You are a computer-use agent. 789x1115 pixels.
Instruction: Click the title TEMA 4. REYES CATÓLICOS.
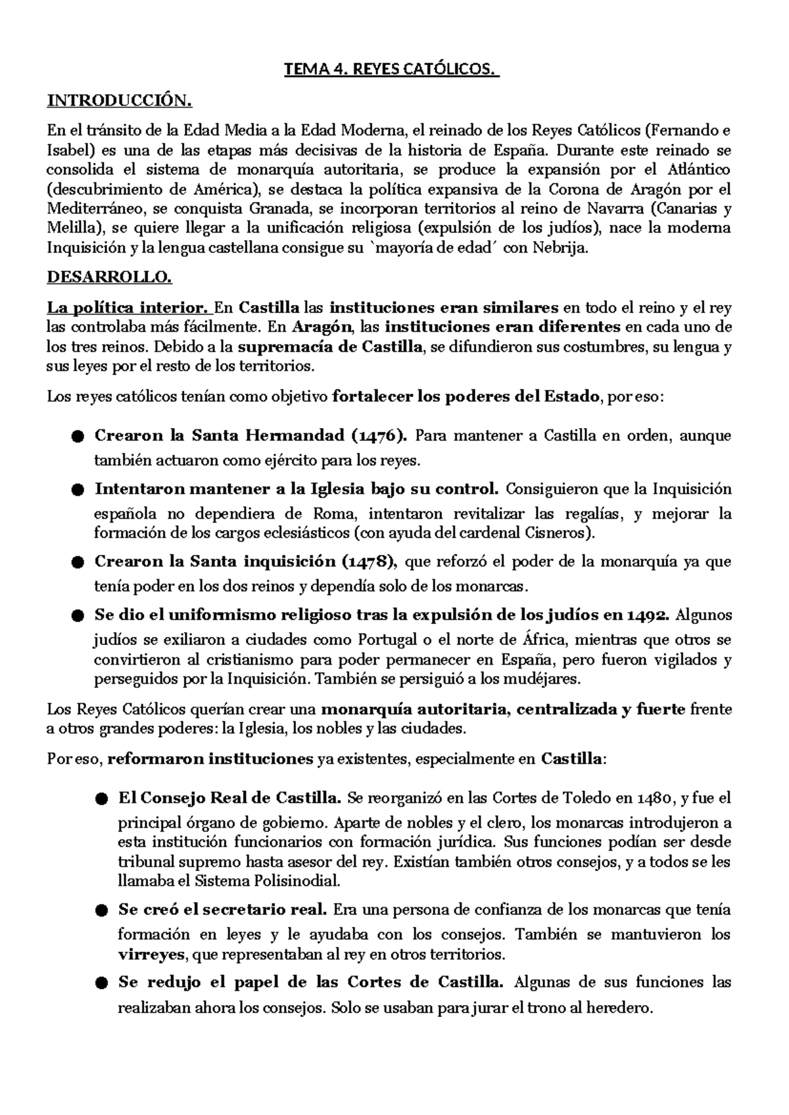tap(391, 69)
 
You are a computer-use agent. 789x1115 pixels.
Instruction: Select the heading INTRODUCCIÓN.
tap(120, 101)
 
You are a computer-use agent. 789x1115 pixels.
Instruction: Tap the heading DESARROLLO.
tap(109, 277)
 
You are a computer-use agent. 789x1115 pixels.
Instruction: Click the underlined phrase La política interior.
tap(128, 308)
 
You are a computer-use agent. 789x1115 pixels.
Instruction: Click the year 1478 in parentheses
tap(368, 561)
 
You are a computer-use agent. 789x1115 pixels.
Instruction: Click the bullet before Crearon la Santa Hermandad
tap(78, 437)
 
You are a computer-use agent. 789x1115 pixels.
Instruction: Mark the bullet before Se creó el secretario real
tap(101, 911)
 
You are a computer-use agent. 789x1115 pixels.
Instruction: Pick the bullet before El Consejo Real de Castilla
tap(101, 799)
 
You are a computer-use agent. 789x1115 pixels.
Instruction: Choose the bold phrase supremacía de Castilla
tap(330, 347)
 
